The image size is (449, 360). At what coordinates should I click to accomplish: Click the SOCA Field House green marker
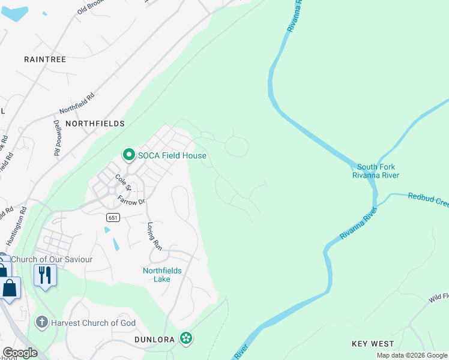click(x=128, y=155)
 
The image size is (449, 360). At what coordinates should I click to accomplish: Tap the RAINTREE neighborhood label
click(x=45, y=59)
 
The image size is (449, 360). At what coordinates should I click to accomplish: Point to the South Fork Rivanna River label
click(x=376, y=171)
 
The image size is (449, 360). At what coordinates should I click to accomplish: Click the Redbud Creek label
click(x=428, y=199)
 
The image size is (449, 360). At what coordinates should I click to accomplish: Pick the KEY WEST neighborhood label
click(x=373, y=344)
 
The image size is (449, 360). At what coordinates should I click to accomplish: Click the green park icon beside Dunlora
click(x=187, y=339)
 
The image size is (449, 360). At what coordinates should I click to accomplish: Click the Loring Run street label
click(x=155, y=236)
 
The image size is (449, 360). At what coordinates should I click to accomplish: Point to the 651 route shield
click(x=115, y=217)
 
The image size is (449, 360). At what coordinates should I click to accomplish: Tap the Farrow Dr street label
click(x=131, y=200)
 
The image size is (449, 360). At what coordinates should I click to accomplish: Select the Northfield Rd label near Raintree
click(x=77, y=103)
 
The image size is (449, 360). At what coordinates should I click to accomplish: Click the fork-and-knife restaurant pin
click(x=45, y=275)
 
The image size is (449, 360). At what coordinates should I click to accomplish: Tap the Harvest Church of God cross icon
click(x=41, y=323)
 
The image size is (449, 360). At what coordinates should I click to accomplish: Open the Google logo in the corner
click(x=20, y=353)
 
